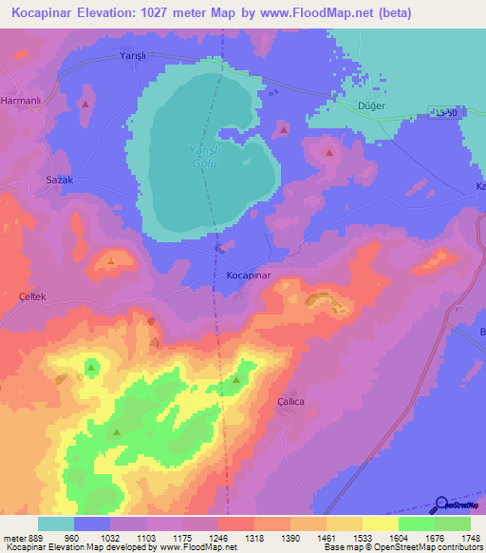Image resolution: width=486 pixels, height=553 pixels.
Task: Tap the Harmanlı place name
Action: [x=21, y=100]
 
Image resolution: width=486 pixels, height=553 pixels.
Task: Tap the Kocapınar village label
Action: [x=250, y=275]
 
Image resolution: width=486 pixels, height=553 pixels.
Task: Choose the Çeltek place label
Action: [x=32, y=296]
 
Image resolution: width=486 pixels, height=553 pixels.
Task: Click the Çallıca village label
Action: [x=290, y=402]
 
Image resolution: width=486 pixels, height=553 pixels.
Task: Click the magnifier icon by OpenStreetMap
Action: [x=440, y=505]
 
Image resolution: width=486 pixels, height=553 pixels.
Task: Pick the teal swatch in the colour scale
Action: [x=56, y=524]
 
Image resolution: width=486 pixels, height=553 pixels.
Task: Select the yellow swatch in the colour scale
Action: [x=381, y=524]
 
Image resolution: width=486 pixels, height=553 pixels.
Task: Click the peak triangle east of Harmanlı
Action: [x=86, y=104]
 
